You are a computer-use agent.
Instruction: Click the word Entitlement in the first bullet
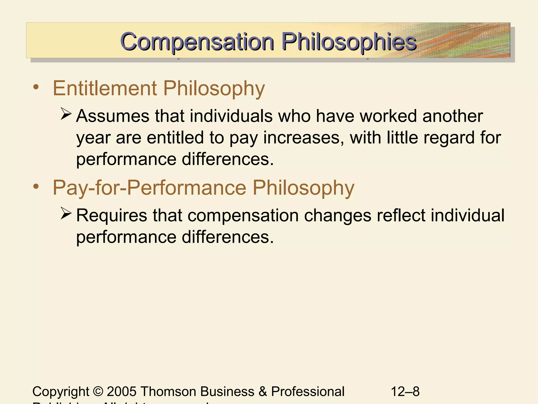click(105, 88)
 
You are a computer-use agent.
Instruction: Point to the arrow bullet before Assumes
click(66, 114)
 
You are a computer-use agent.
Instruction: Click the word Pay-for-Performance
click(149, 188)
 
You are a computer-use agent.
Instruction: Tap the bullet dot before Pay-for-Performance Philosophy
click(36, 186)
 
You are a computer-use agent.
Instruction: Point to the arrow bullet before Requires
click(66, 213)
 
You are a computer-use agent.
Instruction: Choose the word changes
click(337, 216)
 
